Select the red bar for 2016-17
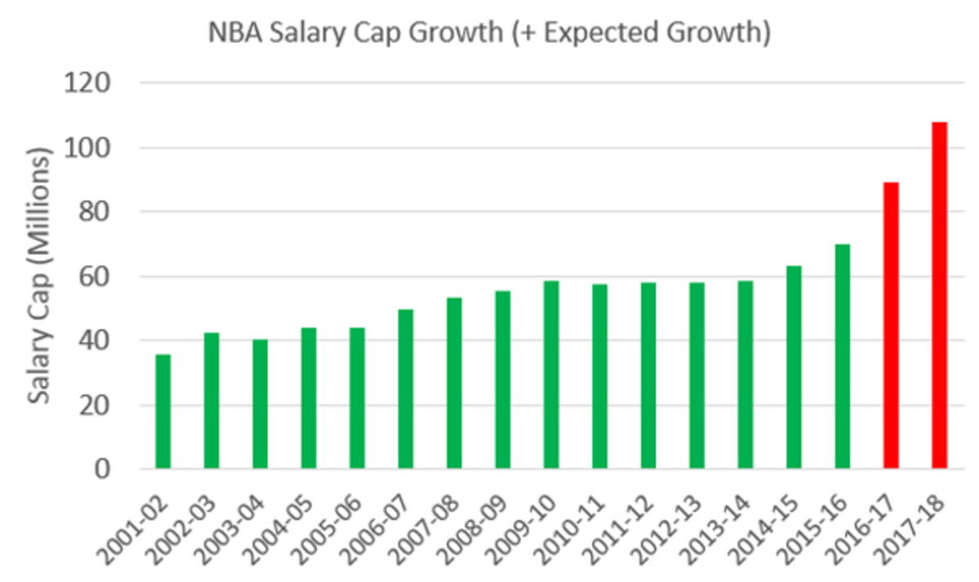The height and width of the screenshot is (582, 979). pos(890,325)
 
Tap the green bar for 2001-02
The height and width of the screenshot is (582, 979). pos(163,412)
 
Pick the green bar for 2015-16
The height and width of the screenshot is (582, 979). pos(842,356)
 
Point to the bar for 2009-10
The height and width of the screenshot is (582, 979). pos(552,375)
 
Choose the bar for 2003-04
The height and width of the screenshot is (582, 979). pos(260,404)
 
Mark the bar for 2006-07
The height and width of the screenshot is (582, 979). pos(405,389)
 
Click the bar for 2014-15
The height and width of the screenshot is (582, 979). pos(794,367)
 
